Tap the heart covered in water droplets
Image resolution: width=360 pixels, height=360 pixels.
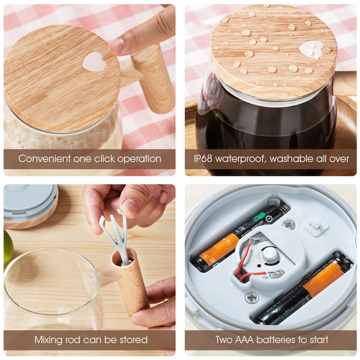311,49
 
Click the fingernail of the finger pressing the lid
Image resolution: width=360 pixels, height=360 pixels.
117,45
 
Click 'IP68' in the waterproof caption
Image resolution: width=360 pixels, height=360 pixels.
203,158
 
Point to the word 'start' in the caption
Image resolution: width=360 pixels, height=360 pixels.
317,340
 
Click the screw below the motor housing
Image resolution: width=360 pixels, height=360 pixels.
252,298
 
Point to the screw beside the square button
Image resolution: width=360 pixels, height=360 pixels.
289,225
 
